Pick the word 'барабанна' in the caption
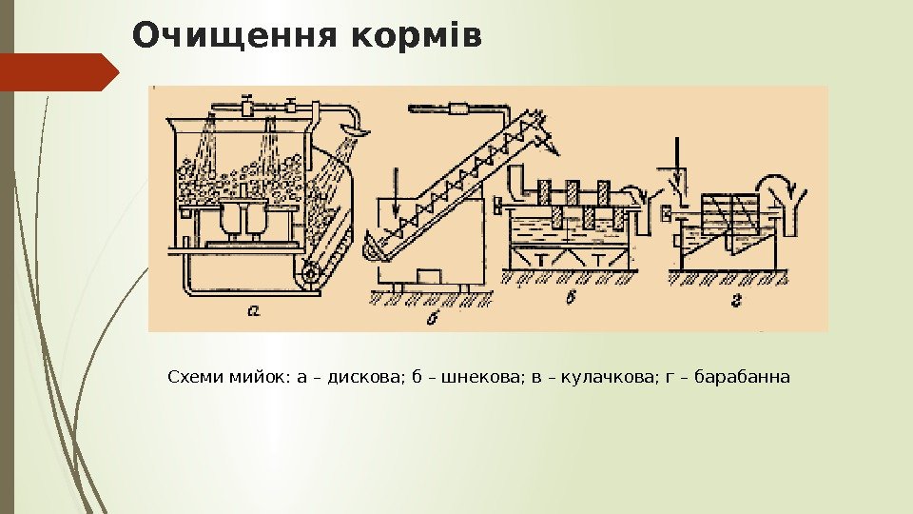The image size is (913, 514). [742, 378]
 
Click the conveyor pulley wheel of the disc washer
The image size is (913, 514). [308, 275]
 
